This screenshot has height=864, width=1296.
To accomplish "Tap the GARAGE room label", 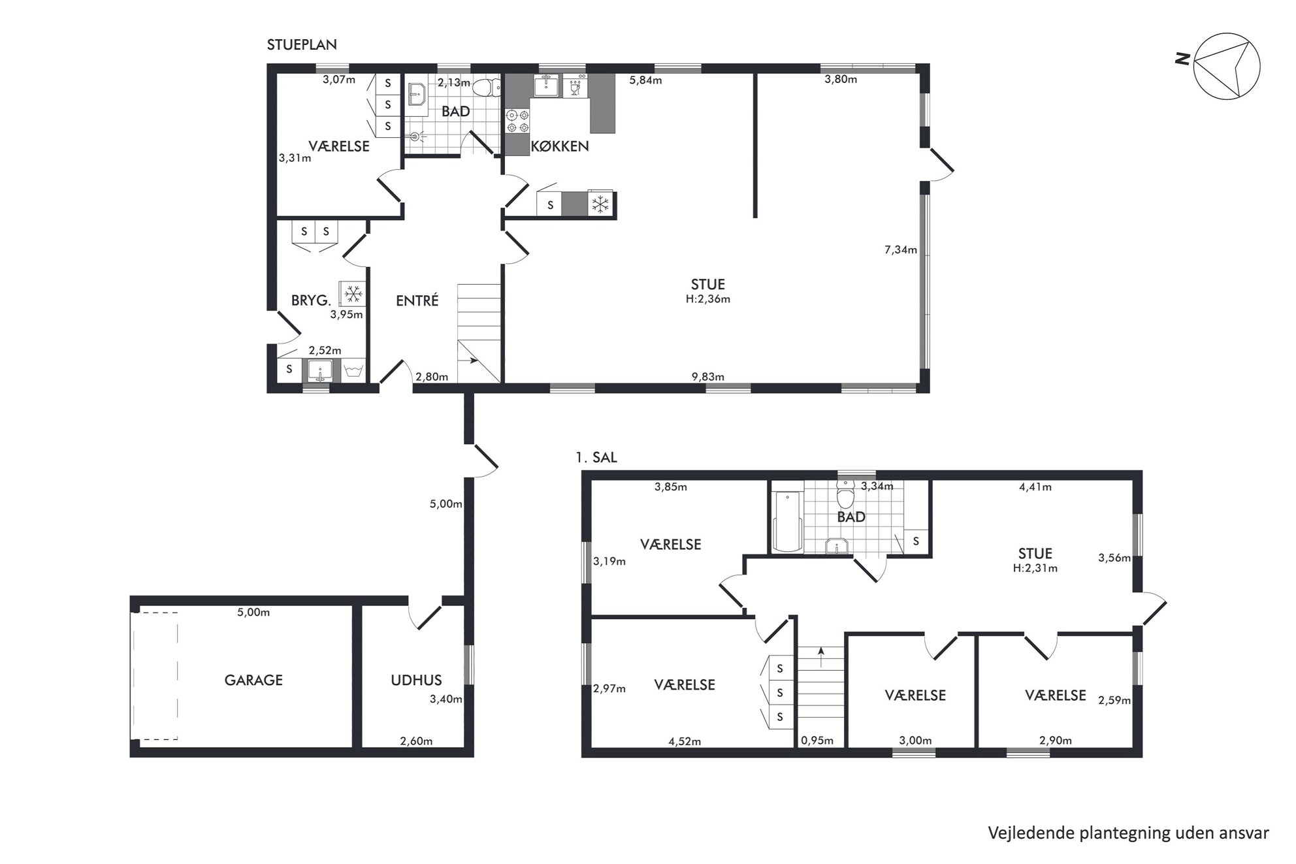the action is [253, 680].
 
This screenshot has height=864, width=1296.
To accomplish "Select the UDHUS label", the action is [416, 680].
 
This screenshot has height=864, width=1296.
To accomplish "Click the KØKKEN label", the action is [560, 146].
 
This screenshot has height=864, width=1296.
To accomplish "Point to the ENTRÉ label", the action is [417, 300].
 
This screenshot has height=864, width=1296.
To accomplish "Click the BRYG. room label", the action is [311, 300].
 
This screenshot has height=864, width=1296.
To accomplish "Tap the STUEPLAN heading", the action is [302, 45].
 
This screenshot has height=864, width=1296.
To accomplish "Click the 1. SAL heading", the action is [596, 458].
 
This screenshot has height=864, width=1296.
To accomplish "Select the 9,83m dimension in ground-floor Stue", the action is [708, 377].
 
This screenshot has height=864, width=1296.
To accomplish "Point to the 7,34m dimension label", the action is [901, 249].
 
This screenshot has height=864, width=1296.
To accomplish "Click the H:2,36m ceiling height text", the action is [708, 299].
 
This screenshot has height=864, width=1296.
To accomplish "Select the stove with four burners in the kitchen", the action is [517, 121].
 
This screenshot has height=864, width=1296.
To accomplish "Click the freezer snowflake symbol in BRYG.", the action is [353, 294].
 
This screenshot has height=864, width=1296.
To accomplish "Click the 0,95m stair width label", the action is [817, 741].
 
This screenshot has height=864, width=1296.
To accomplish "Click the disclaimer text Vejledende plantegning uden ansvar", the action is [1128, 833].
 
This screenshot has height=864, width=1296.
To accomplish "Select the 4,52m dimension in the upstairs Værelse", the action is [685, 741].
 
